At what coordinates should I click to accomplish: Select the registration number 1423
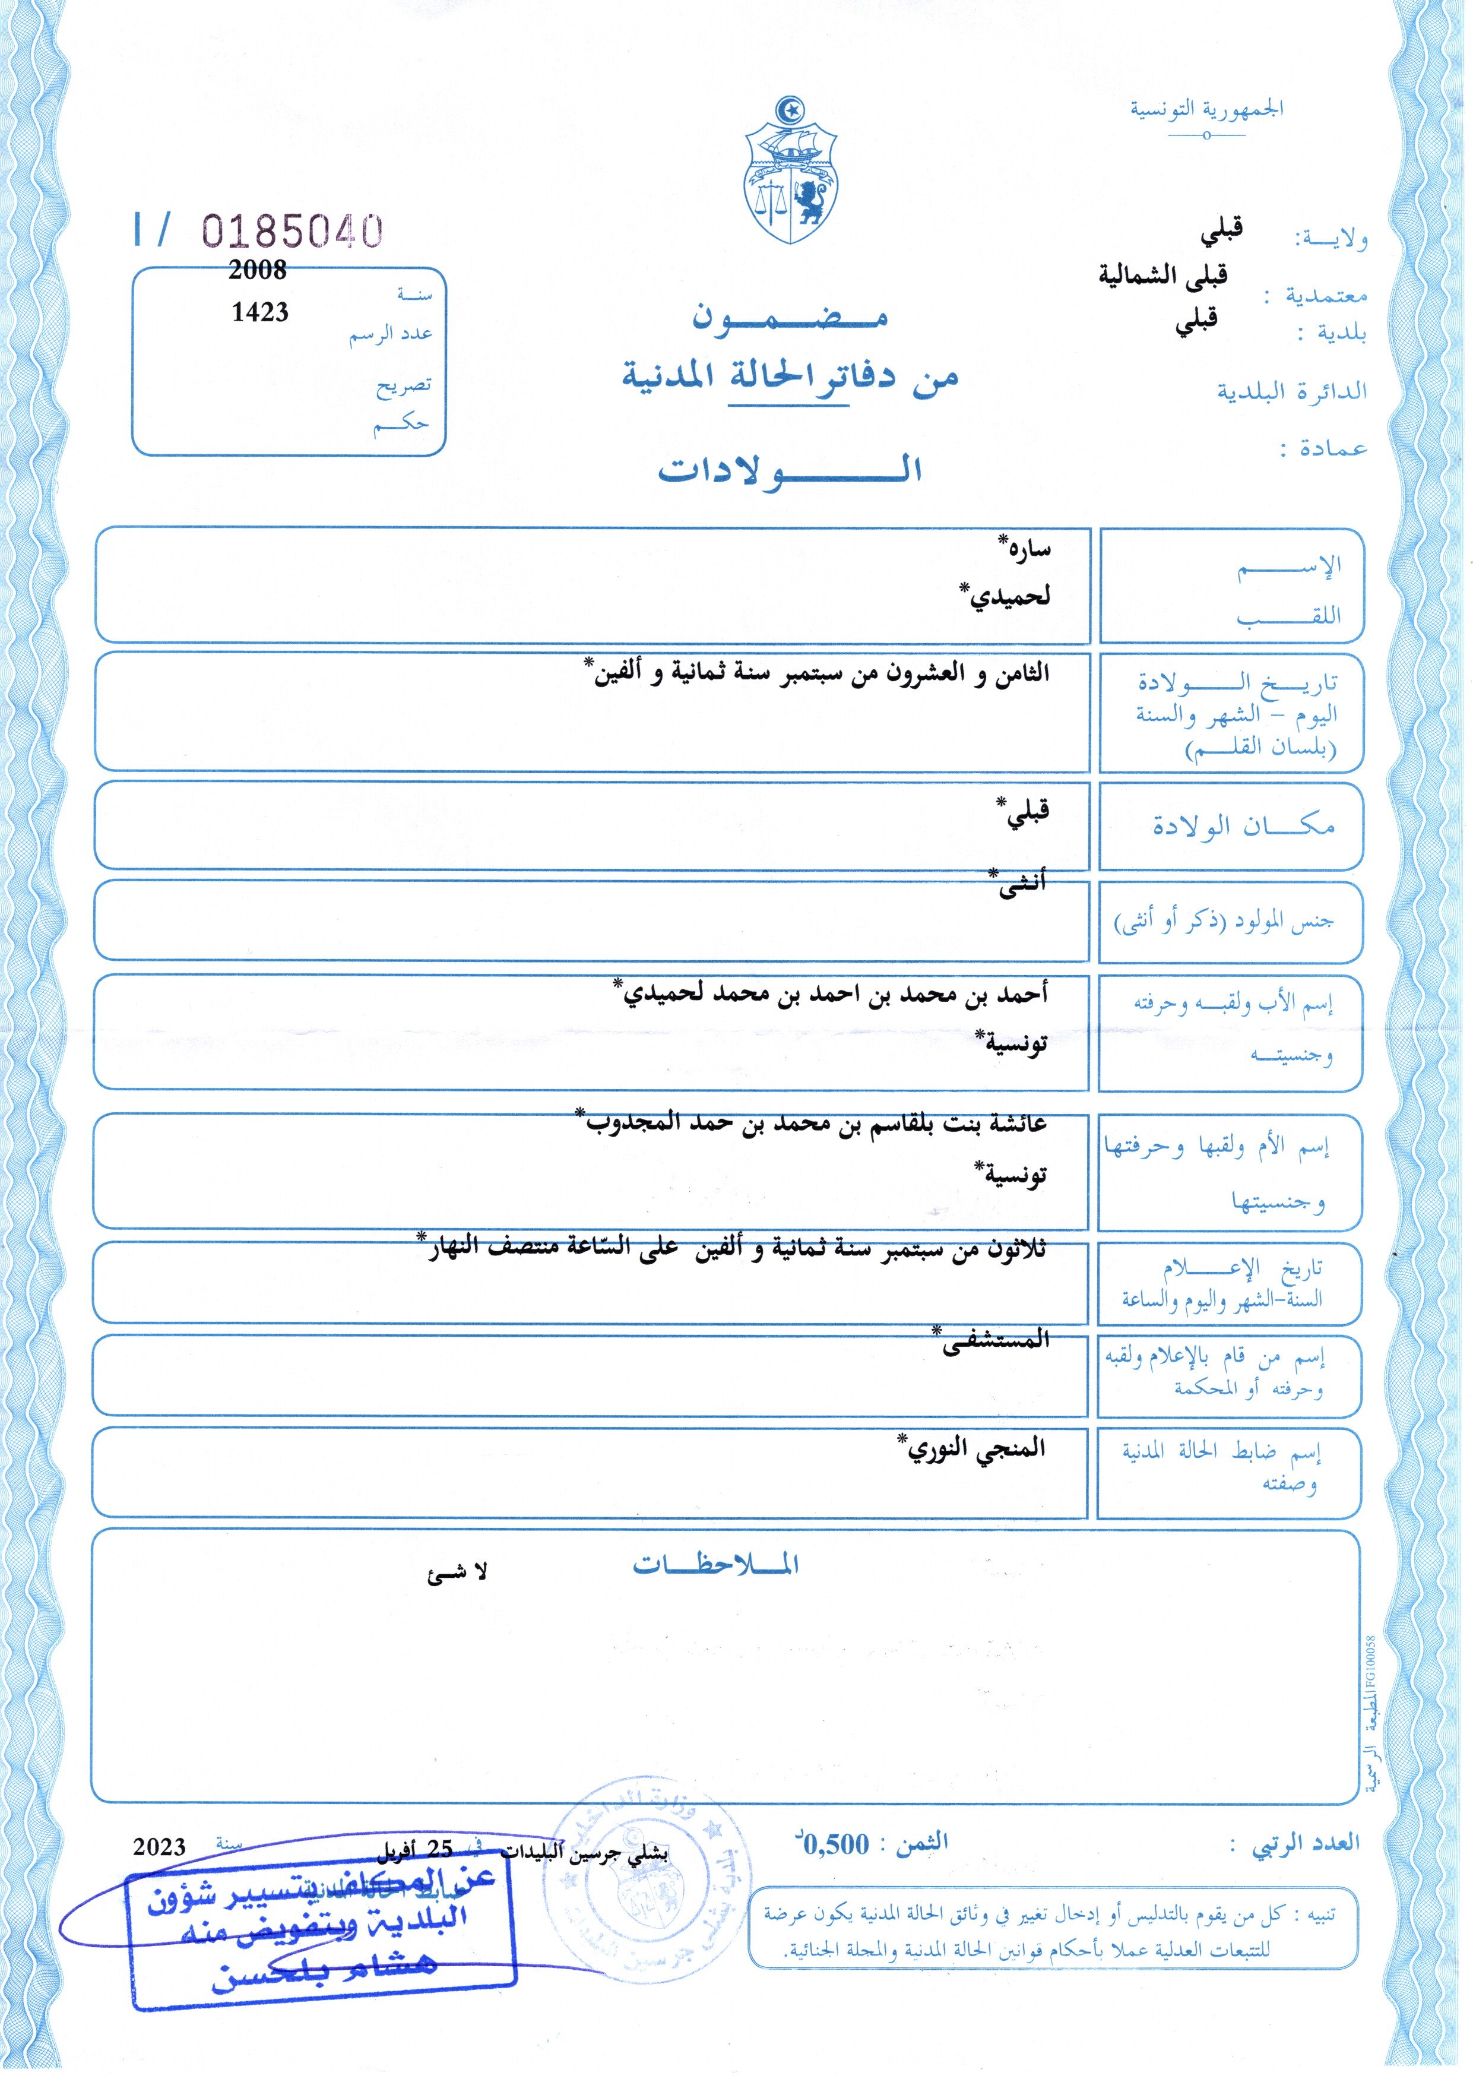259,312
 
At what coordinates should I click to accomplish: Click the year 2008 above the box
258,270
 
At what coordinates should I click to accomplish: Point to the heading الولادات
790,470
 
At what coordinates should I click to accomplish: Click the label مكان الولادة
1243,825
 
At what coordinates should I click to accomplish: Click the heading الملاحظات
715,1565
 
